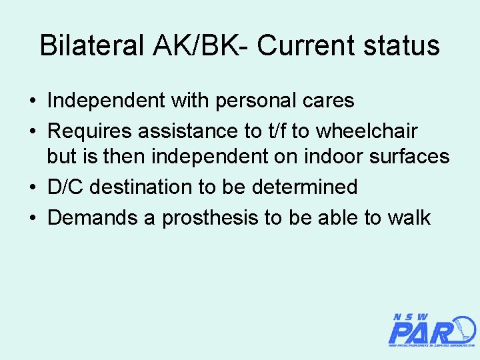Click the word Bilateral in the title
tap(91, 46)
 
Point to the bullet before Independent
tap(33, 101)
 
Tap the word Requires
tap(89, 130)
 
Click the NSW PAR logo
tap(431, 330)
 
